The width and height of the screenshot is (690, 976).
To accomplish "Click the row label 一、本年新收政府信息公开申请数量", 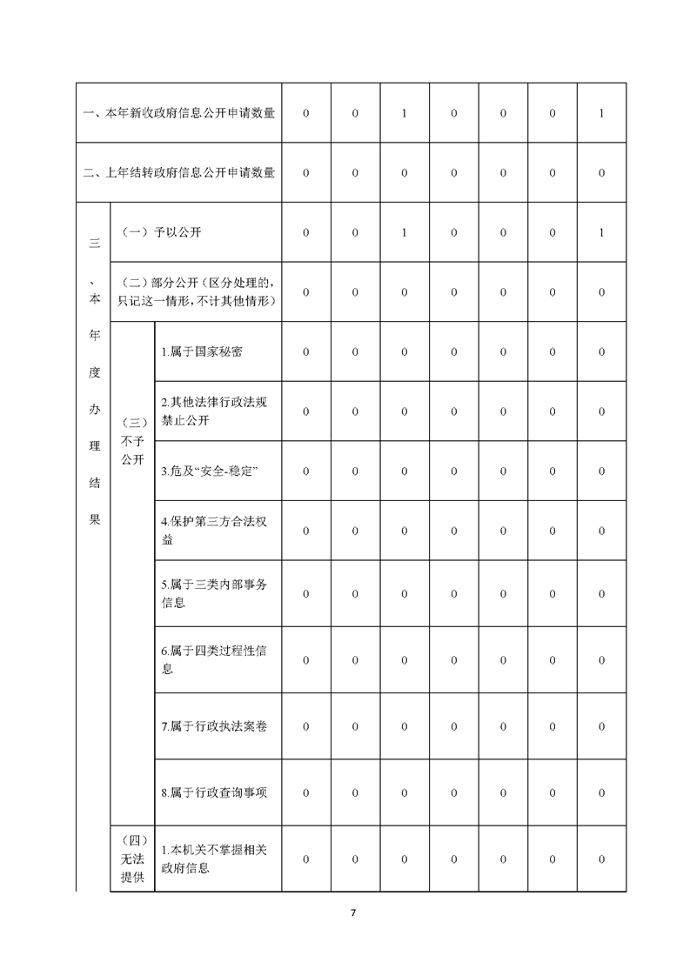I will point(179,114).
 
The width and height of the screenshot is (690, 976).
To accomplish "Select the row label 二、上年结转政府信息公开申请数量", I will point(179,173).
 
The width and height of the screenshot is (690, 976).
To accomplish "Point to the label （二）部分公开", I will point(201,292).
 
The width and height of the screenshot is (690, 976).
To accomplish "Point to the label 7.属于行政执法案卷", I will point(213,726).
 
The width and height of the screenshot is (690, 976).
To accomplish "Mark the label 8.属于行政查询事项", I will point(213,793).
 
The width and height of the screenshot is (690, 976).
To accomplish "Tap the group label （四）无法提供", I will point(133,859).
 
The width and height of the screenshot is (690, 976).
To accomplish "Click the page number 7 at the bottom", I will point(352,912).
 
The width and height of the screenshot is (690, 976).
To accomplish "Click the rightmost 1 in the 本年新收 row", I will point(602,114).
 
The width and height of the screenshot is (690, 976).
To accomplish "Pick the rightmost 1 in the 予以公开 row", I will point(602,233).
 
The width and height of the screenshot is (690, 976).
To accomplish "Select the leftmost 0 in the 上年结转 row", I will point(305,173).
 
